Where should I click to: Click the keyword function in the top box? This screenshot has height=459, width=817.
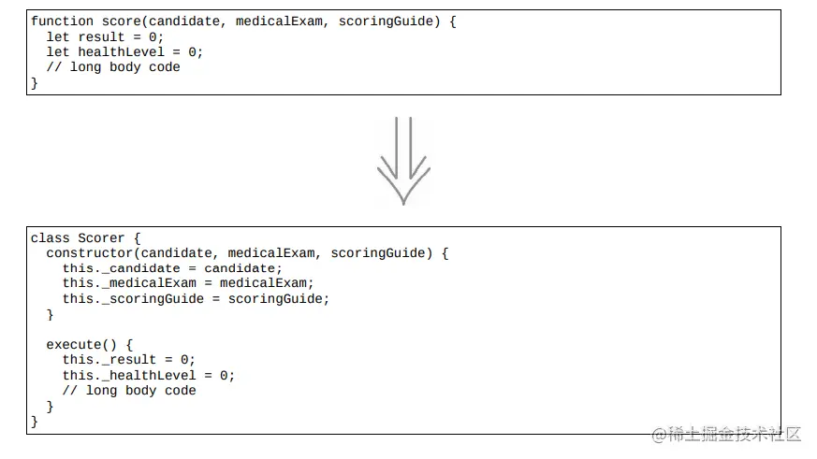(x=62, y=22)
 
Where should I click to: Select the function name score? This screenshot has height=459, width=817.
(x=122, y=22)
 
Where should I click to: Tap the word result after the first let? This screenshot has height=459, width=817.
(x=102, y=37)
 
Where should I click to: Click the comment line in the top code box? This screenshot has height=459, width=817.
(x=113, y=67)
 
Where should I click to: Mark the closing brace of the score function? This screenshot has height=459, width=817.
(x=35, y=83)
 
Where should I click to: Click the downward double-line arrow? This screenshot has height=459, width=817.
(x=403, y=161)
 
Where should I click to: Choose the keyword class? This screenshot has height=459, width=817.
(x=50, y=237)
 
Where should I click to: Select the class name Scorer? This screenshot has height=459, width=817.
(x=101, y=237)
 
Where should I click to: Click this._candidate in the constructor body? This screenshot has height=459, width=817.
(x=121, y=268)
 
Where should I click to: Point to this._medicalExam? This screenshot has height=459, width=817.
(x=129, y=283)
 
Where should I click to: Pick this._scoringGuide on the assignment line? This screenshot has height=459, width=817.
(x=133, y=299)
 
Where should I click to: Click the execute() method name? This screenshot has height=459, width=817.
(x=81, y=345)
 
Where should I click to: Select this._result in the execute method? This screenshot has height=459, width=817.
(x=109, y=360)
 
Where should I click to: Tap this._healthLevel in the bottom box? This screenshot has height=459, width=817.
(x=129, y=375)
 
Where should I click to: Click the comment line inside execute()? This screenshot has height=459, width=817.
(x=129, y=391)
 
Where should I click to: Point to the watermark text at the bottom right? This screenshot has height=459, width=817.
(x=726, y=434)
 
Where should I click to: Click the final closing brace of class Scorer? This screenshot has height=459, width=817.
(x=35, y=421)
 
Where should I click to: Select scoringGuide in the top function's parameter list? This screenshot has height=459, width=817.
(x=386, y=22)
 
